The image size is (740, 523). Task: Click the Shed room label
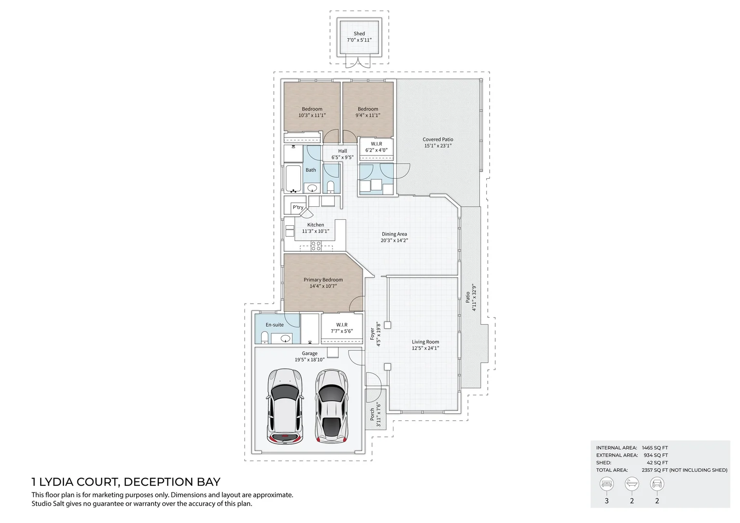[x=359, y=34]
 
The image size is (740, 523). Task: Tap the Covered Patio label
[x=438, y=139]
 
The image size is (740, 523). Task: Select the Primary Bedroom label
[x=323, y=280]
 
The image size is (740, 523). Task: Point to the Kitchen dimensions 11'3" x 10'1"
[x=316, y=231]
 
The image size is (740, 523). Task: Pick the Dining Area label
[x=394, y=234]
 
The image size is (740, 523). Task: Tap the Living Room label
[x=425, y=342]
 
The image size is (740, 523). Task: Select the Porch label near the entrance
[x=372, y=415]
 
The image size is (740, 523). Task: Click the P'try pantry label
[x=298, y=208]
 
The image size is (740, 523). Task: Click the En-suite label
[x=274, y=325]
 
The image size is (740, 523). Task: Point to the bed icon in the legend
[x=606, y=483]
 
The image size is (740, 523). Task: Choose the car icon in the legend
[x=657, y=483]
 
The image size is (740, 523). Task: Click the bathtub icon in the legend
[x=632, y=483]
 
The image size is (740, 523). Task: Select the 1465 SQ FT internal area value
[x=654, y=448]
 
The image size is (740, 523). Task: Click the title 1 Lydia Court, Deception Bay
[x=126, y=482]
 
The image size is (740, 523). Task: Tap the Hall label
[x=343, y=151]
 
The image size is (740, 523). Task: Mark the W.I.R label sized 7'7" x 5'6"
[x=342, y=325]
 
